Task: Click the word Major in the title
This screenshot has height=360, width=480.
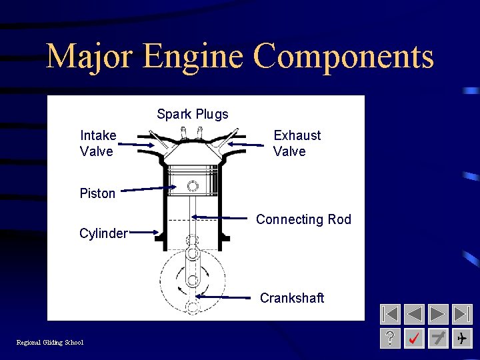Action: (90, 56)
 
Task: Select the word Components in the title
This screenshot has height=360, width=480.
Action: (344, 57)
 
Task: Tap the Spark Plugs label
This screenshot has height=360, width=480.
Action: (193, 114)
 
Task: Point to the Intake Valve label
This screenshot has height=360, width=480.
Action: (97, 143)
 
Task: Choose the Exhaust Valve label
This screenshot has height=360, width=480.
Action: (297, 143)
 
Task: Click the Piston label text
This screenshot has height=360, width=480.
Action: (97, 193)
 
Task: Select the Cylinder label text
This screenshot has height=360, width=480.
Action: (103, 233)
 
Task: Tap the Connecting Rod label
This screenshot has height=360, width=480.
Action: (303, 219)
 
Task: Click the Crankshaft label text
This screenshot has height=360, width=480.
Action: (292, 298)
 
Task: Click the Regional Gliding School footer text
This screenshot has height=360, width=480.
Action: (50, 343)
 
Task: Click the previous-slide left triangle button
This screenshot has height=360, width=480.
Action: (415, 314)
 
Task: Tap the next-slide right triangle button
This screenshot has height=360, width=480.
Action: (438, 314)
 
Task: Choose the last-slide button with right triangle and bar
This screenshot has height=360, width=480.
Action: (461, 314)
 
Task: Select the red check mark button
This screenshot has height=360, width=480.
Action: (415, 338)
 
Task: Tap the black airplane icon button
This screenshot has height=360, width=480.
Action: (461, 338)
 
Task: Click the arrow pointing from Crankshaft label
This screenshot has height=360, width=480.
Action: (227, 297)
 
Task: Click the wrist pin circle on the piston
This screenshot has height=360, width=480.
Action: (193, 186)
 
